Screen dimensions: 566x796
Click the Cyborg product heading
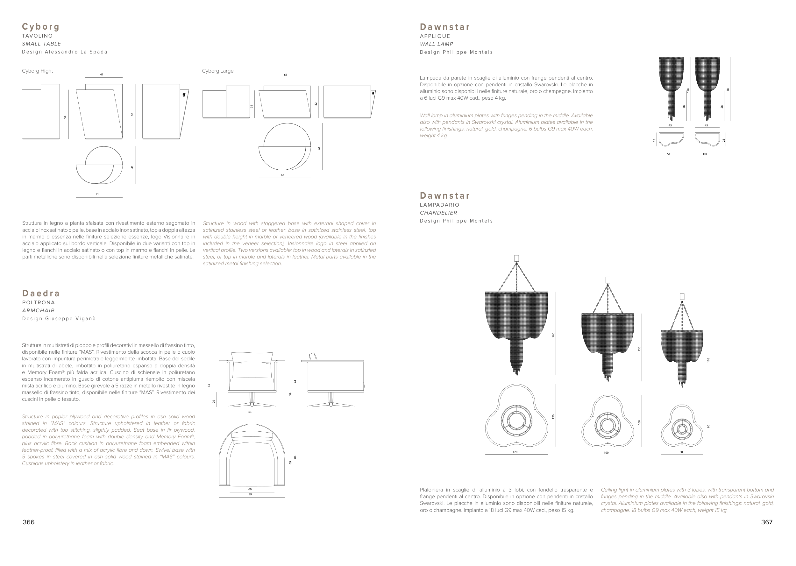[x=41, y=27]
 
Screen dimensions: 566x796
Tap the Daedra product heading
[x=41, y=293]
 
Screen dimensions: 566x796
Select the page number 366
[x=29, y=522]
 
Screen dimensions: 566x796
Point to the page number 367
[x=767, y=522]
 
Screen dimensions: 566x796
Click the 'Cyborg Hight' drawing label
[x=37, y=71]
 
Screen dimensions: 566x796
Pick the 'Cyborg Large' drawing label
[x=218, y=71]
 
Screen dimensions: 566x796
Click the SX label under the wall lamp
[x=668, y=154]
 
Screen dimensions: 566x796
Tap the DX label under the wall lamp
[x=705, y=154]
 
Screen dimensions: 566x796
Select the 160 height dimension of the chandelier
[x=553, y=335]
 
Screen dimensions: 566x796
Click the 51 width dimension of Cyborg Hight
[x=97, y=194]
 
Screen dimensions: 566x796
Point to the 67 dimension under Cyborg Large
[x=282, y=175]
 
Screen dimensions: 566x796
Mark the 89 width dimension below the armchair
[x=250, y=494]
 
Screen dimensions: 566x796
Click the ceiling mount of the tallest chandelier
[x=516, y=258]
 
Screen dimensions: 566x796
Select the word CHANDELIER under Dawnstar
[x=438, y=213]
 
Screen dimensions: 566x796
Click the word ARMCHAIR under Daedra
[x=38, y=310]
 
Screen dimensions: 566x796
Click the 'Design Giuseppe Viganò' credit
[x=59, y=319]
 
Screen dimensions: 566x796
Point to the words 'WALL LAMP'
[x=436, y=44]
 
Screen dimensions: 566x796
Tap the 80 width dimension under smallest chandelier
[x=681, y=452]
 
